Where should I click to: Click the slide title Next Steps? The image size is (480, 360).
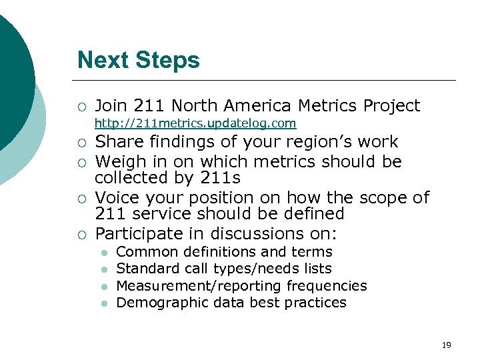coord(138,60)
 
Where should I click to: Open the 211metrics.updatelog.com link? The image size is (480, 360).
coord(195,123)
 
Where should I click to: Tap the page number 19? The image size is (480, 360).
coord(446,345)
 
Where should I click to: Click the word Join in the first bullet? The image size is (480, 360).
coord(112,105)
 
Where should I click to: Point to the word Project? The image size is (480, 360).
coord(391,105)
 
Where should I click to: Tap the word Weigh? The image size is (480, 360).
coord(119,161)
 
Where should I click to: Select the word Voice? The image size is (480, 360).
coord(116,198)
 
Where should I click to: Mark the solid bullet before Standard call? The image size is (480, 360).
coord(103,269)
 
